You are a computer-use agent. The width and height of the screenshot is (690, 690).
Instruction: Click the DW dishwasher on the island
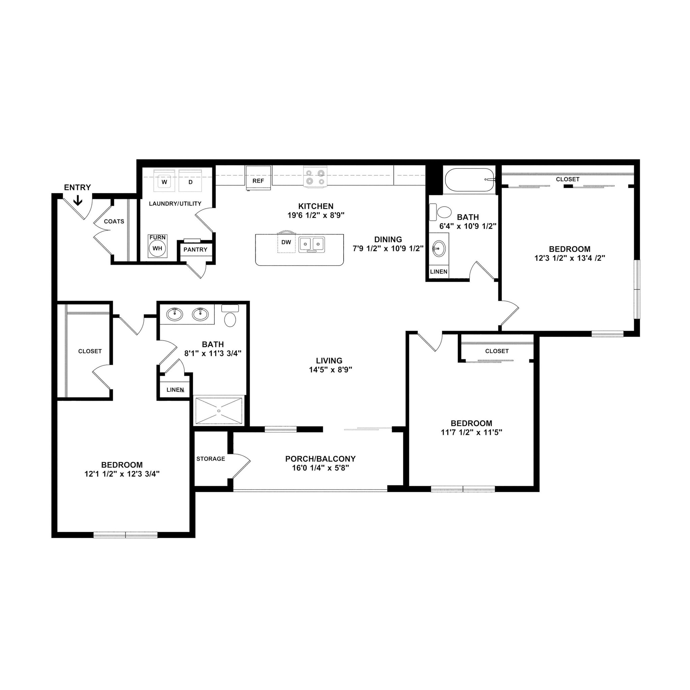pyautogui.click(x=286, y=243)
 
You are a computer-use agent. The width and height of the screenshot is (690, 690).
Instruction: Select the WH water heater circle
pyautogui.click(x=157, y=248)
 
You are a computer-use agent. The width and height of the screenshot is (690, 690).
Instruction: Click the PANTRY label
pyautogui.click(x=195, y=250)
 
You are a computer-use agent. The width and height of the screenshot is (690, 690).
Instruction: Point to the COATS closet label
pyautogui.click(x=114, y=221)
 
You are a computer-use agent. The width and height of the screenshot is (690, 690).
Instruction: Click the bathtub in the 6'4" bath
pyautogui.click(x=469, y=180)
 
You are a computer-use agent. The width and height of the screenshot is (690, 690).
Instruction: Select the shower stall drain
pyautogui.click(x=219, y=411)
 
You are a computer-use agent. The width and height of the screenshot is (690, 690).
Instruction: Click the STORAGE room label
pyautogui.click(x=211, y=459)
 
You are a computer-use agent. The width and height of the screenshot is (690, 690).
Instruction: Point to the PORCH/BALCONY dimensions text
pyautogui.click(x=320, y=468)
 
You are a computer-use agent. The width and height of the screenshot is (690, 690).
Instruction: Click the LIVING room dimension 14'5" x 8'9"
pyautogui.click(x=331, y=370)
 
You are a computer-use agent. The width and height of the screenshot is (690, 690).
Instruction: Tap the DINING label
pyautogui.click(x=388, y=239)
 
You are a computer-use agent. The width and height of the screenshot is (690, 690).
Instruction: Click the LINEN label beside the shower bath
pyautogui.click(x=175, y=390)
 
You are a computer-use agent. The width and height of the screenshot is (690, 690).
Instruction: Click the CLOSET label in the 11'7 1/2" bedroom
pyautogui.click(x=497, y=351)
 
